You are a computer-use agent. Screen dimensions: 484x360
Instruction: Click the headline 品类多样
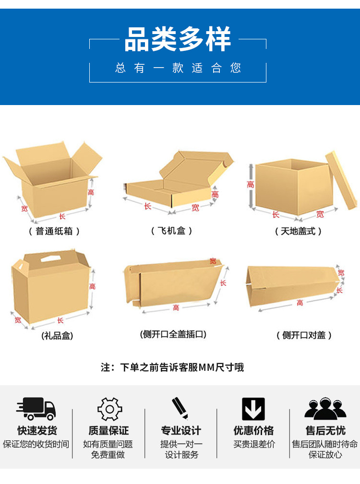click(178, 39)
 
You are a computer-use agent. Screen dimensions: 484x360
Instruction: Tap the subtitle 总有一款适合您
click(178, 68)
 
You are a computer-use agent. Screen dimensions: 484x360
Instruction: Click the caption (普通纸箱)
click(54, 231)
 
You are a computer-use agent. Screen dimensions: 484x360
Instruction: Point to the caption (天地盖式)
click(298, 231)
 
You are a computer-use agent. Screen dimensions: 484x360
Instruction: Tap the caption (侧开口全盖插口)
click(173, 334)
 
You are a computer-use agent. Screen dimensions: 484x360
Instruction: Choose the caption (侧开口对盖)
click(304, 335)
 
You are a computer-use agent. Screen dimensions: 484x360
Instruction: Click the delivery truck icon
click(36, 409)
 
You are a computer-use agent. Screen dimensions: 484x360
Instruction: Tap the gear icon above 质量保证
click(109, 409)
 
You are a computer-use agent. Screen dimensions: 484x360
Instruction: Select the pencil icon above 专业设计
click(180, 408)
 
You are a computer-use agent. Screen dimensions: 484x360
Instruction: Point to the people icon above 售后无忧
click(325, 409)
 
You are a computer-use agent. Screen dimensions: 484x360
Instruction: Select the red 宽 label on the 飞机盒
click(195, 208)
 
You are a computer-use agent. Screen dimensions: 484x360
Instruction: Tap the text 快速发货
click(37, 430)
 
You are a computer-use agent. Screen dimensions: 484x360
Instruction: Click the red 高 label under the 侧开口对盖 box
click(300, 303)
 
